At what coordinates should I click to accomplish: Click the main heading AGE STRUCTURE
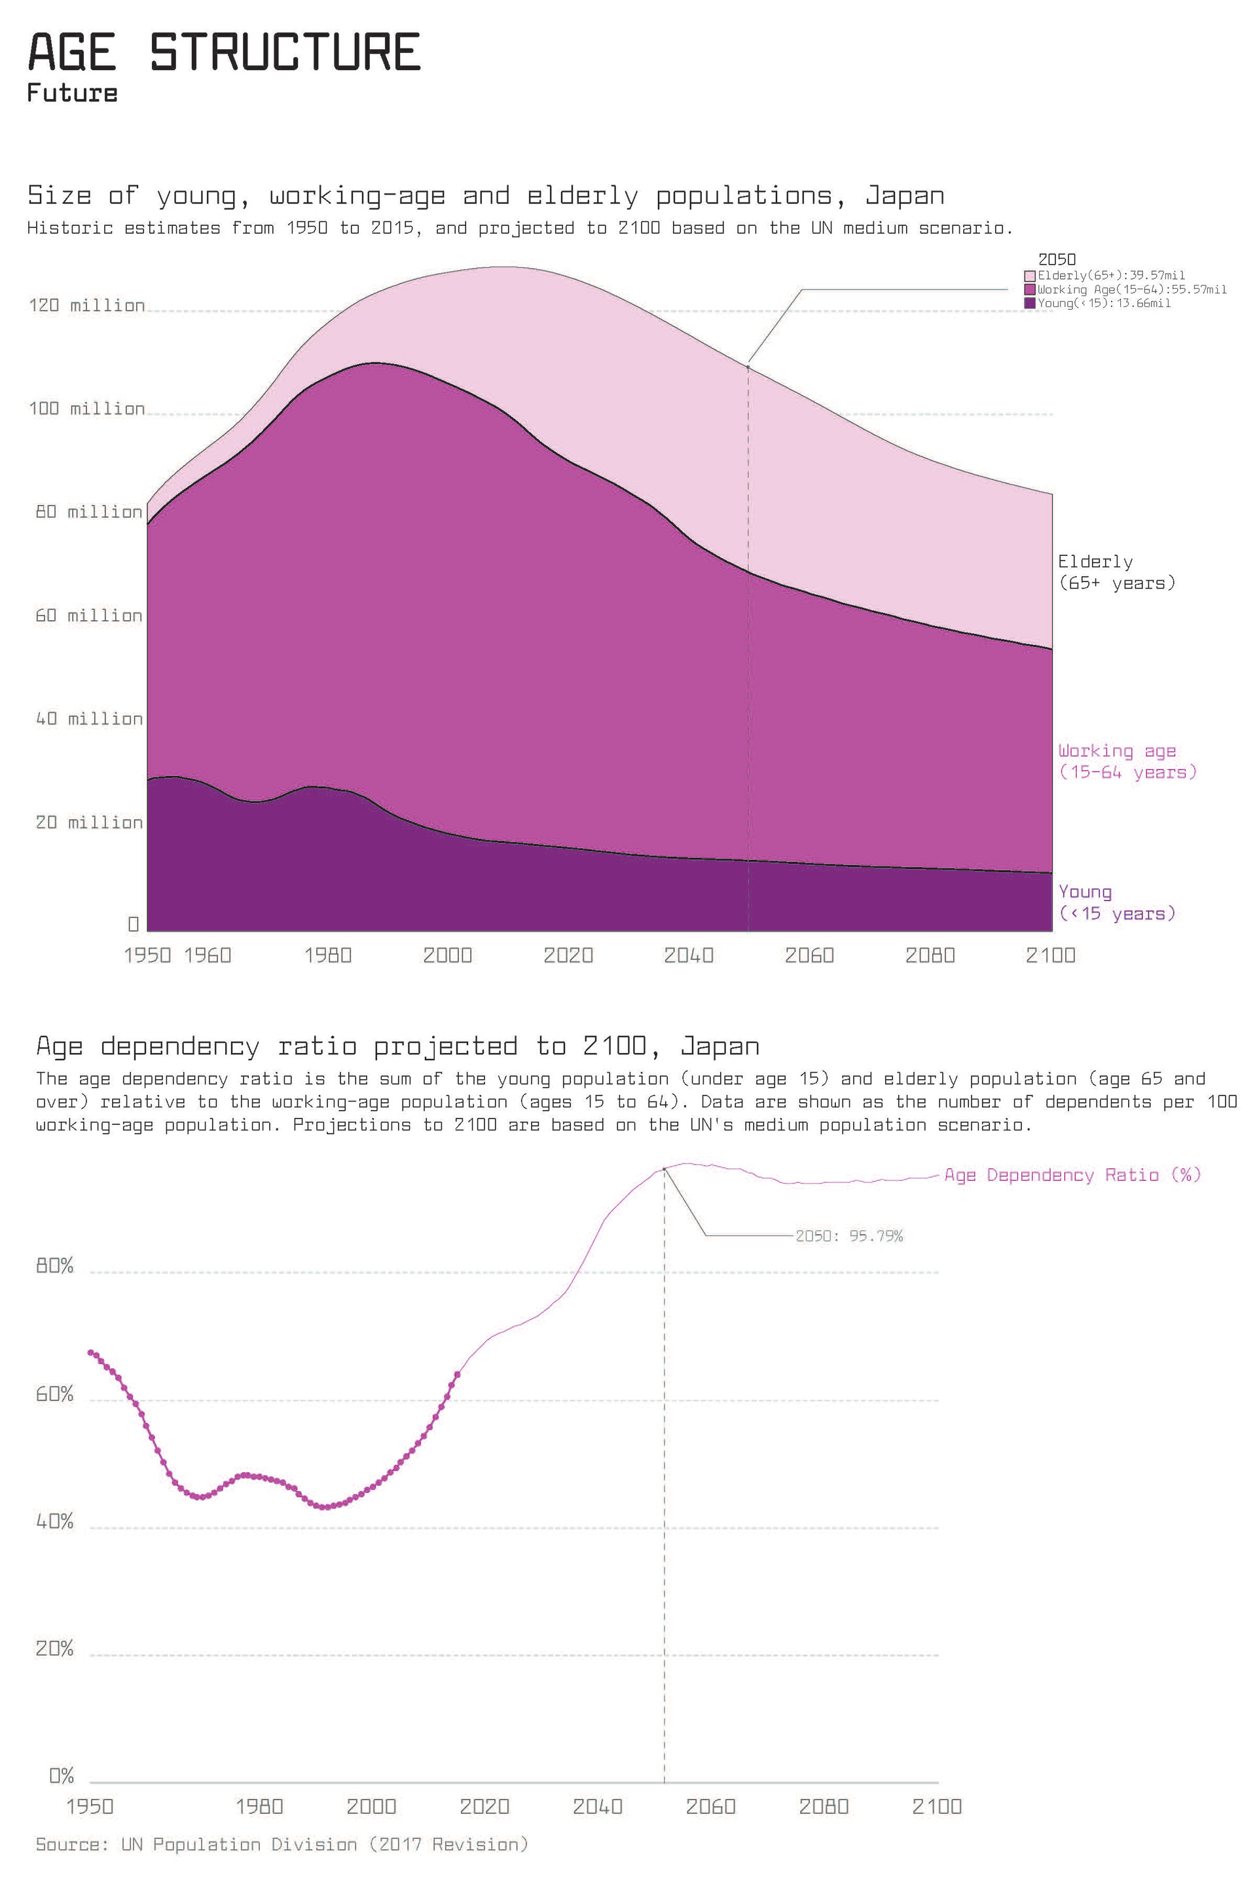225,53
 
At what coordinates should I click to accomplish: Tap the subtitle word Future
72,93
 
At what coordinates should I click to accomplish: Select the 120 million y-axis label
86,306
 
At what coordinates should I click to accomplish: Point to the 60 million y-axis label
88,616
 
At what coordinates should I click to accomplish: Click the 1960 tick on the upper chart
208,955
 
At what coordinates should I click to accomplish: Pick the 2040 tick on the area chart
689,955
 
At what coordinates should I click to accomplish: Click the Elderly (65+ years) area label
1116,572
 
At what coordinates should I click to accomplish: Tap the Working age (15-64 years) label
1126,762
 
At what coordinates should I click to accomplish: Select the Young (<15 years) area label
1116,903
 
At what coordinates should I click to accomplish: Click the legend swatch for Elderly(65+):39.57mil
1030,276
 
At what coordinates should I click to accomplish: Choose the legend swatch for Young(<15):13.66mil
1030,303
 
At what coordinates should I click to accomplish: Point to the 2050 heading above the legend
1057,260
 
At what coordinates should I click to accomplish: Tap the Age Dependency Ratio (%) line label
1072,1175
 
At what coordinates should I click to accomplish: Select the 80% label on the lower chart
54,1266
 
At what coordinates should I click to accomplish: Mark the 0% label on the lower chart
61,1776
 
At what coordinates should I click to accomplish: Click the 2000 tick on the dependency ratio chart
371,1807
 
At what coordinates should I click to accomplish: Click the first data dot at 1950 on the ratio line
90,1353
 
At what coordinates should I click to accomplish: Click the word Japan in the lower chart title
719,1046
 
